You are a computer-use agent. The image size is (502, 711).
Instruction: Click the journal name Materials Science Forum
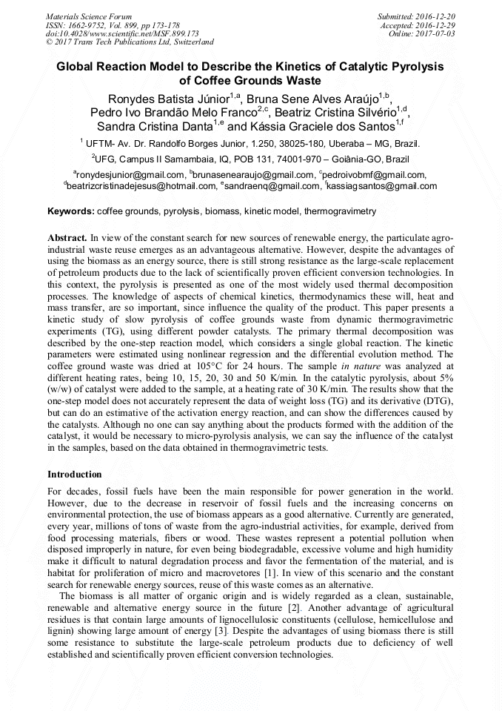[x=89, y=16]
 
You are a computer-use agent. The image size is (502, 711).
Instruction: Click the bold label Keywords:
[x=71, y=211]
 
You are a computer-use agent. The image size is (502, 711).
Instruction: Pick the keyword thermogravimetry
[x=340, y=211]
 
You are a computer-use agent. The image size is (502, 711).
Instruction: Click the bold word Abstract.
[x=67, y=238]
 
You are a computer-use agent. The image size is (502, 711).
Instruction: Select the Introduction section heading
[x=75, y=474]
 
